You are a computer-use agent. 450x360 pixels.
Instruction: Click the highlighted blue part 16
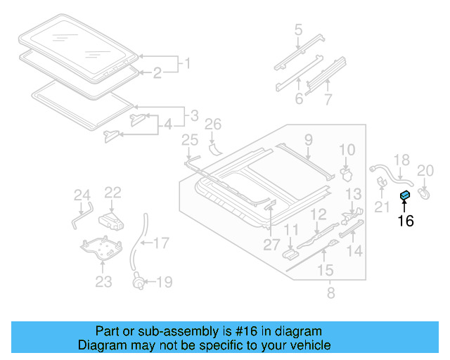(405, 196)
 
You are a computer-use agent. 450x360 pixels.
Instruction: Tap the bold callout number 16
(405, 221)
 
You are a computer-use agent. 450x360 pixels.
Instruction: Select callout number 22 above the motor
(113, 192)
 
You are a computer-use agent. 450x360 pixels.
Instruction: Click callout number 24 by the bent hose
(82, 195)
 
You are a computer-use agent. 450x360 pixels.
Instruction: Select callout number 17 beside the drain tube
(161, 243)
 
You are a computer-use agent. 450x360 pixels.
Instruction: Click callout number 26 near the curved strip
(212, 125)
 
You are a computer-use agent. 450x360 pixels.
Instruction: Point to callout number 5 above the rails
(298, 30)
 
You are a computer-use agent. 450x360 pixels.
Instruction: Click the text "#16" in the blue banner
(240, 331)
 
